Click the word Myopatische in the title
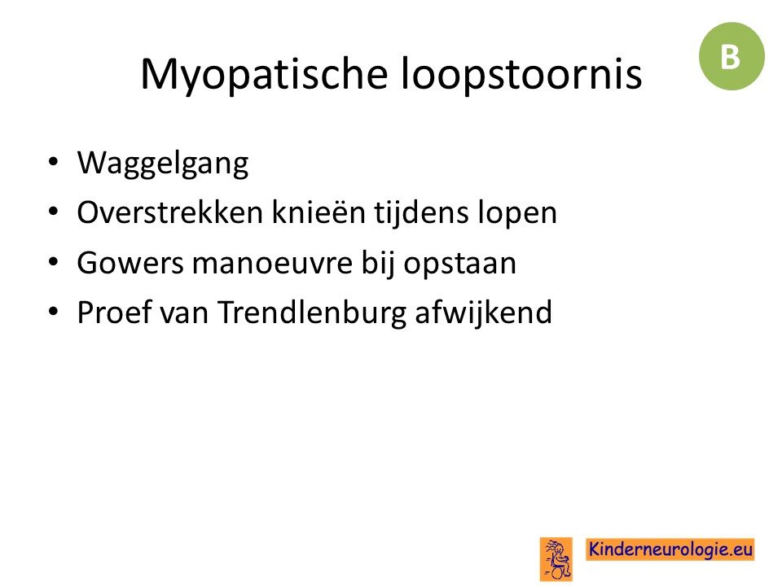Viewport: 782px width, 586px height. coord(264,75)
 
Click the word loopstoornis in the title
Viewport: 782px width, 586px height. coord(521,74)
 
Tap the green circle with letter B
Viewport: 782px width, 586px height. coord(731,56)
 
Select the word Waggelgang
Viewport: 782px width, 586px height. coord(163,164)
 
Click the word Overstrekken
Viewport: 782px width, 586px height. coord(170,212)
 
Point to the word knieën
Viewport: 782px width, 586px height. coord(319,212)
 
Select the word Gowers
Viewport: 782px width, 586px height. coord(130,263)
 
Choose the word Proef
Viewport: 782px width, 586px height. coord(114,313)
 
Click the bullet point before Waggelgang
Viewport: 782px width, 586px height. coord(54,162)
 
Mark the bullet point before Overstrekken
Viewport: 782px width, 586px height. coord(54,212)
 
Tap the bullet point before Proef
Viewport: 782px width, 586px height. coord(54,312)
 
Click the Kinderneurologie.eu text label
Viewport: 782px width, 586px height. coord(670,549)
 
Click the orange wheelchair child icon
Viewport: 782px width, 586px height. coord(556,559)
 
